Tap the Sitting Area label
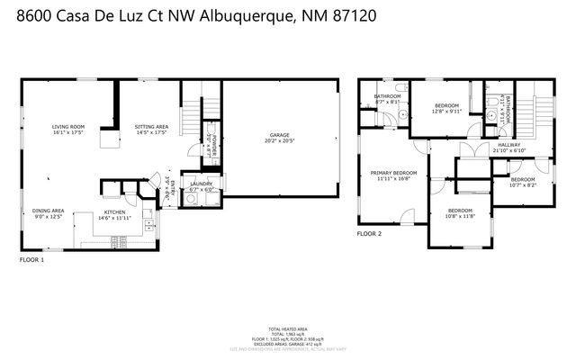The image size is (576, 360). pos(150,127)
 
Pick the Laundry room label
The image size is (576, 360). pos(201,184)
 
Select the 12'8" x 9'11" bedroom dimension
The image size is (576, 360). pos(446,112)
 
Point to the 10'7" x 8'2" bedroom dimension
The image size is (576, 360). pos(523,184)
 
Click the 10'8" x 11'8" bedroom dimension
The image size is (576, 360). pos(460,216)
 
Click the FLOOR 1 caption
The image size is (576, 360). pos(31,259)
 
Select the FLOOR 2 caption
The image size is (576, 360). pos(369,233)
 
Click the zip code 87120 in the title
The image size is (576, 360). pos(352,16)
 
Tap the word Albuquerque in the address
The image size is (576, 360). pos(248,16)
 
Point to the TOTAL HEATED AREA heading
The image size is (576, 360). pos(288,328)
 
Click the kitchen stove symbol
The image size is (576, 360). pos(117,241)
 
